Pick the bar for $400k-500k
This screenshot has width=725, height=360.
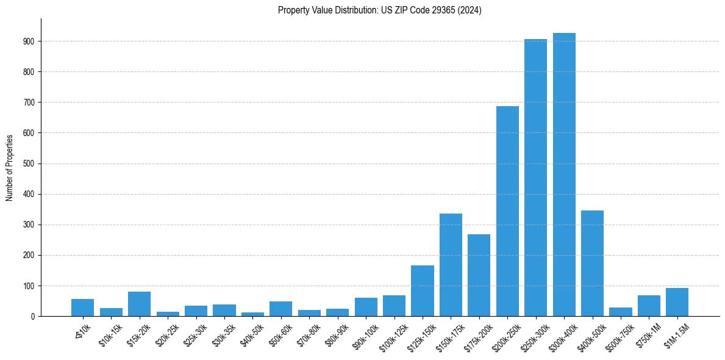pos(592,263)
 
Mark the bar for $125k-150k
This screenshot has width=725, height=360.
pos(422,290)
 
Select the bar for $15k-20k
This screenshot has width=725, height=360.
pos(139,304)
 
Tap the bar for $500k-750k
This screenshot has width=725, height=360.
pos(620,312)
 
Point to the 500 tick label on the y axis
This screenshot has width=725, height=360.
pos(32,164)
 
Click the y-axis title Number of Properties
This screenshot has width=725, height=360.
pos(9,167)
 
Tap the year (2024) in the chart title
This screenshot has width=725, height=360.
pos(471,10)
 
